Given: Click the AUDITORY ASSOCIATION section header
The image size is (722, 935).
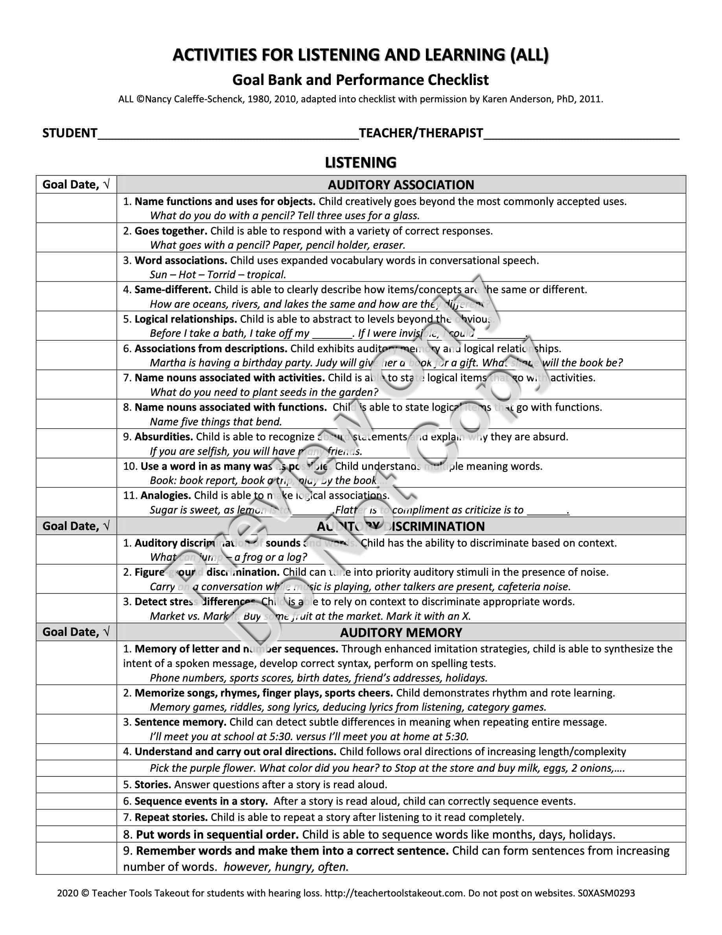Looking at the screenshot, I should pyautogui.click(x=401, y=185).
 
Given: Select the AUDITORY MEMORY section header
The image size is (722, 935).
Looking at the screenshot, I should pyautogui.click(x=401, y=632).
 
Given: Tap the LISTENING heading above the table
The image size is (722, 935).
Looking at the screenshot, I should pyautogui.click(x=361, y=163).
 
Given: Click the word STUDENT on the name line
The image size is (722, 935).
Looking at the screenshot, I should pyautogui.click(x=70, y=133).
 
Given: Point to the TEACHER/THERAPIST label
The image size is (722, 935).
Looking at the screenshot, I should pyautogui.click(x=421, y=133).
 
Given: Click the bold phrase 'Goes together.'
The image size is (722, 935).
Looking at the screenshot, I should pyautogui.click(x=171, y=231).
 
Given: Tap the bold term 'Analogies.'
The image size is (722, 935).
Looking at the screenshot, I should pyautogui.click(x=166, y=495).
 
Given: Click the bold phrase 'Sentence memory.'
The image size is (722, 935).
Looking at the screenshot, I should pyautogui.click(x=180, y=722).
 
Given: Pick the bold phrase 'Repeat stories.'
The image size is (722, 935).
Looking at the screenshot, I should pyautogui.click(x=171, y=817).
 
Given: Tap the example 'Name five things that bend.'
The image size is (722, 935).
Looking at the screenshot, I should pyautogui.click(x=216, y=422).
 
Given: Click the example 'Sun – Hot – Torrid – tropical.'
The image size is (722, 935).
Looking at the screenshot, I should pyautogui.click(x=218, y=275).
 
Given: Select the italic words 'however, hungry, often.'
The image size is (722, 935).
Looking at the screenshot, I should pyautogui.click(x=286, y=867).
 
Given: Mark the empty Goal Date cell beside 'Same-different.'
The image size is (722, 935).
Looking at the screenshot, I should pyautogui.click(x=76, y=296).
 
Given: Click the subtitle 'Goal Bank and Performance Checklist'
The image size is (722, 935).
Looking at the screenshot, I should pyautogui.click(x=361, y=80).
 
